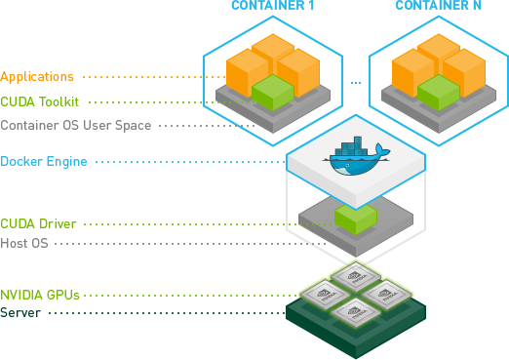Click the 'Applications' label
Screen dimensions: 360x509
click(37, 76)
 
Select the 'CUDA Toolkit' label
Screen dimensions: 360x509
click(39, 100)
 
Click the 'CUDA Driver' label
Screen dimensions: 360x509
click(38, 224)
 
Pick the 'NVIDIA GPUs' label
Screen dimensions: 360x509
click(40, 294)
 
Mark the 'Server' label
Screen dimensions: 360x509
click(20, 312)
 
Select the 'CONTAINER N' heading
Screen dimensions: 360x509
click(435, 7)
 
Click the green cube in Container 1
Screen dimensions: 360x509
click(273, 94)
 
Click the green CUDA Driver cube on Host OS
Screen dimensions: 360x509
click(355, 217)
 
